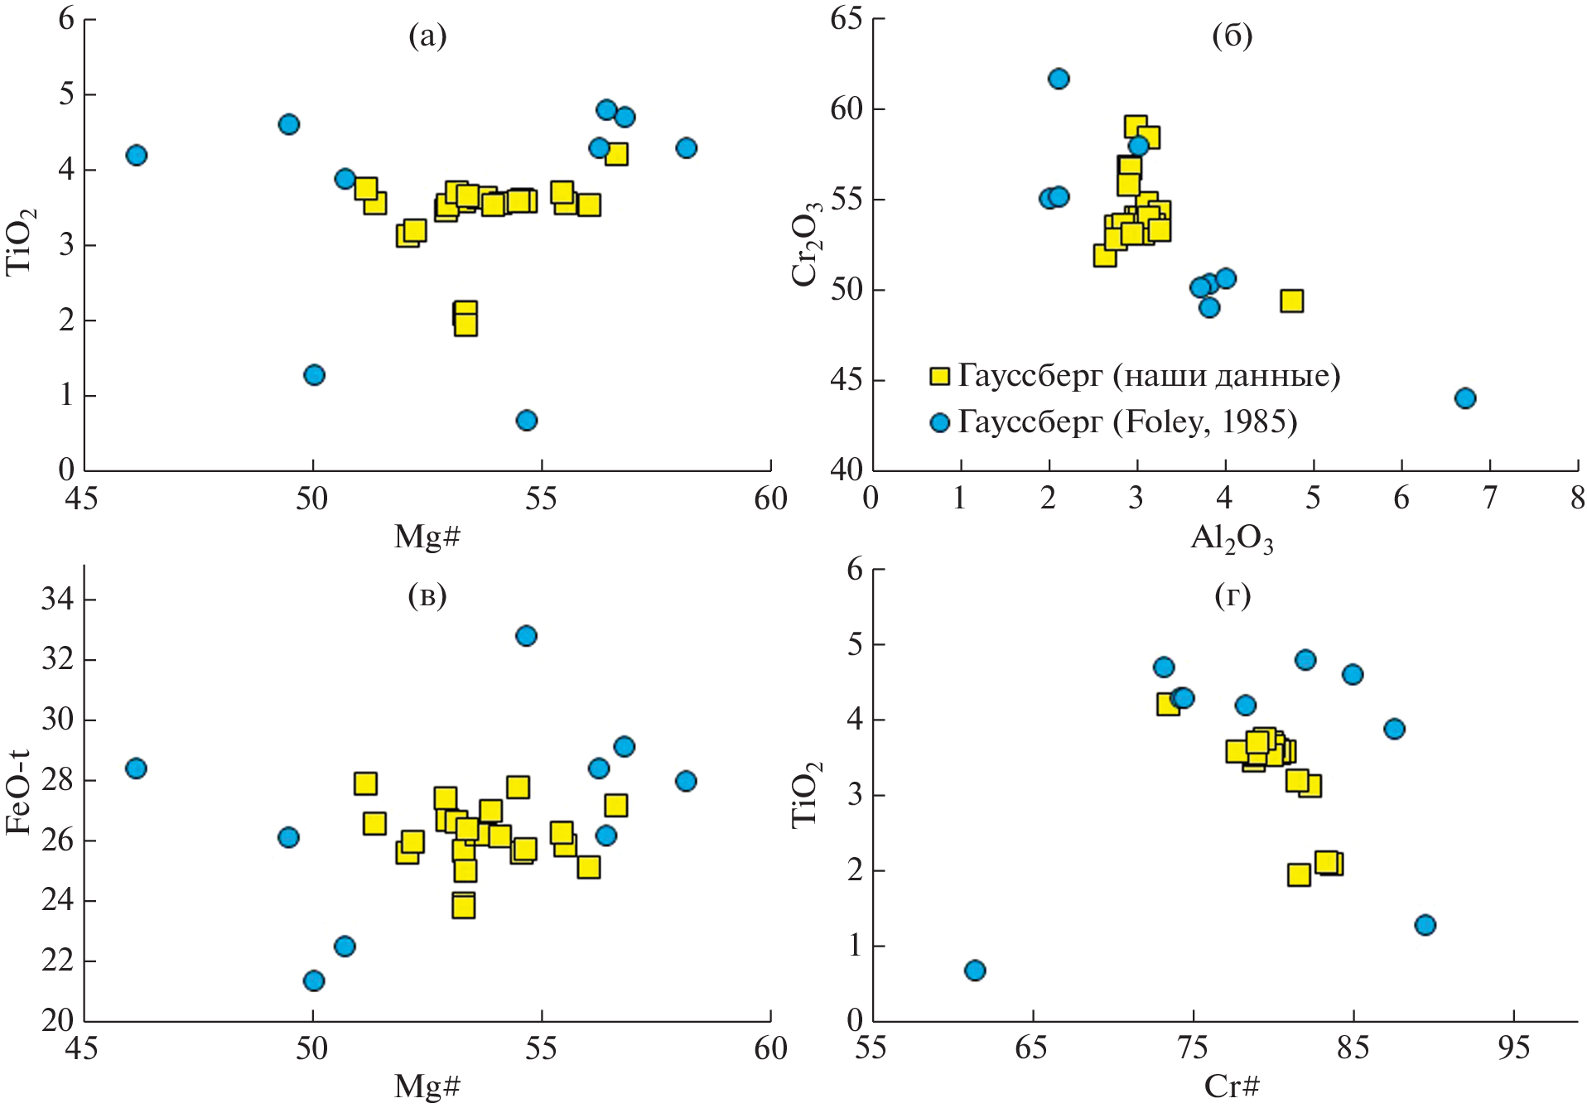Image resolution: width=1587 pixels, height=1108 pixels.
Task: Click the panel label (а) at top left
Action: coord(427,36)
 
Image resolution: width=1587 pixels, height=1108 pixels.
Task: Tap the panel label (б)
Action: coord(1232,36)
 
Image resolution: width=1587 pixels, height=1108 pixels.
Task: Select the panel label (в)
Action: coord(427,595)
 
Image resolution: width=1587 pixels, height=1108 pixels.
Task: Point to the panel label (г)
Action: coord(1232,595)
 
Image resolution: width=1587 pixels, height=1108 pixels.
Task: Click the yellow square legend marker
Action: coord(939,377)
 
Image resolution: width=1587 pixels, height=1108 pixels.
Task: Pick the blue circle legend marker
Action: coord(939,423)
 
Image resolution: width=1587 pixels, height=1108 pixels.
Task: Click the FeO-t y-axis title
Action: coord(18,792)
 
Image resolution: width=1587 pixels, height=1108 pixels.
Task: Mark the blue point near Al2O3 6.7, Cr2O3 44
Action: coord(1465,398)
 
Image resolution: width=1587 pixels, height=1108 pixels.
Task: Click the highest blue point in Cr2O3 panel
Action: coord(1059,79)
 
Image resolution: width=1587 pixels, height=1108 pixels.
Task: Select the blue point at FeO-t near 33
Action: coord(526,636)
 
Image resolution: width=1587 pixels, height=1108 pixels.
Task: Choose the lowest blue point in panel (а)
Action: coord(527,421)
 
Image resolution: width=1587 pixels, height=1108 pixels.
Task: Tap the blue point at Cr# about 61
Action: coord(975,971)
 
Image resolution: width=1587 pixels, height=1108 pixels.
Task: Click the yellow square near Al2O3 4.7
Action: coord(1291,301)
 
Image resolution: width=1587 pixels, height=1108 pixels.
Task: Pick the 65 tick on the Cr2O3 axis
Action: coord(846,18)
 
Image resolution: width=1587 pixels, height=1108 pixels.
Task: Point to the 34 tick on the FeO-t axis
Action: coord(56,599)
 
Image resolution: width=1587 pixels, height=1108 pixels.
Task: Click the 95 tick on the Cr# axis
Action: coord(1513,1049)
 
